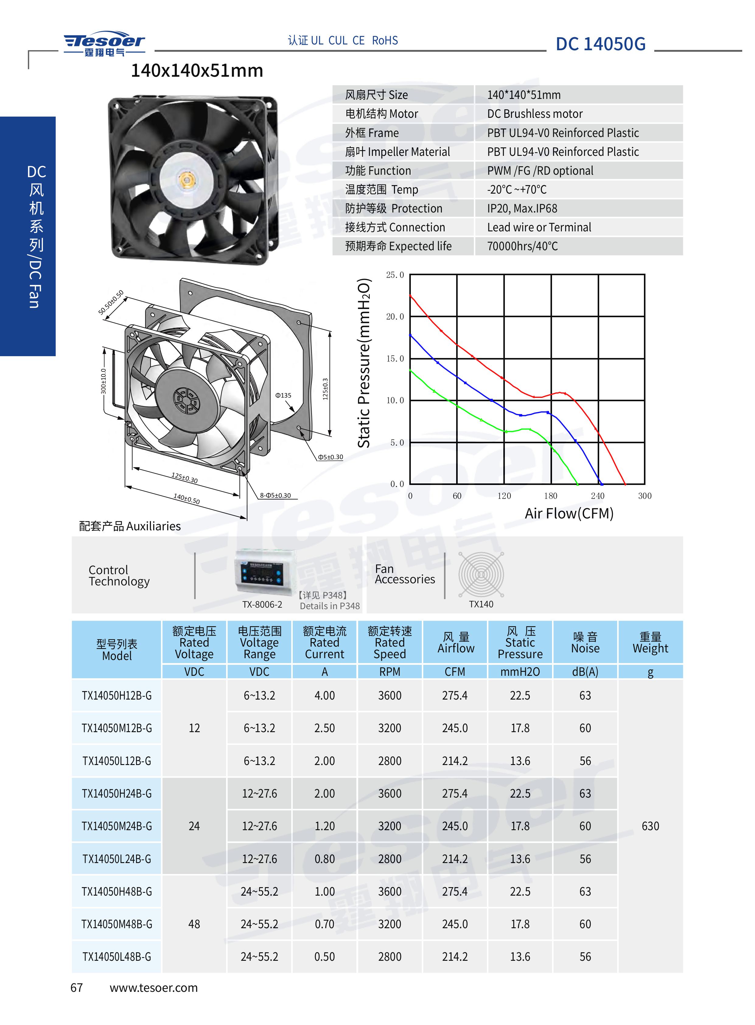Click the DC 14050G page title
pos(600,44)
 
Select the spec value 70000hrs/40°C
pos(523,246)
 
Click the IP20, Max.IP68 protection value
pos(522,209)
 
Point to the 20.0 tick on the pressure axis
pos(395,316)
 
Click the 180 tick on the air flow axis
pos(551,496)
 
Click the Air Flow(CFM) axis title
pos(569,514)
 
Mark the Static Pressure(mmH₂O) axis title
pos(364,363)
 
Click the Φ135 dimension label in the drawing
pos(283,395)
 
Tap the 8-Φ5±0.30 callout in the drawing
pos(275,495)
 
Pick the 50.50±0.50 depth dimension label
pos(111,302)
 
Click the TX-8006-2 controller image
pos(262,573)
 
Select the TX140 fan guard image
pos(481,574)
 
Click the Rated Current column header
pos(324,642)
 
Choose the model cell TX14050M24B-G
pos(117,826)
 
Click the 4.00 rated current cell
pos(324,695)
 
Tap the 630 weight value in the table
pos(650,826)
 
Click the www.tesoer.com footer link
pos(154,988)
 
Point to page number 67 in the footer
pos(76,988)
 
